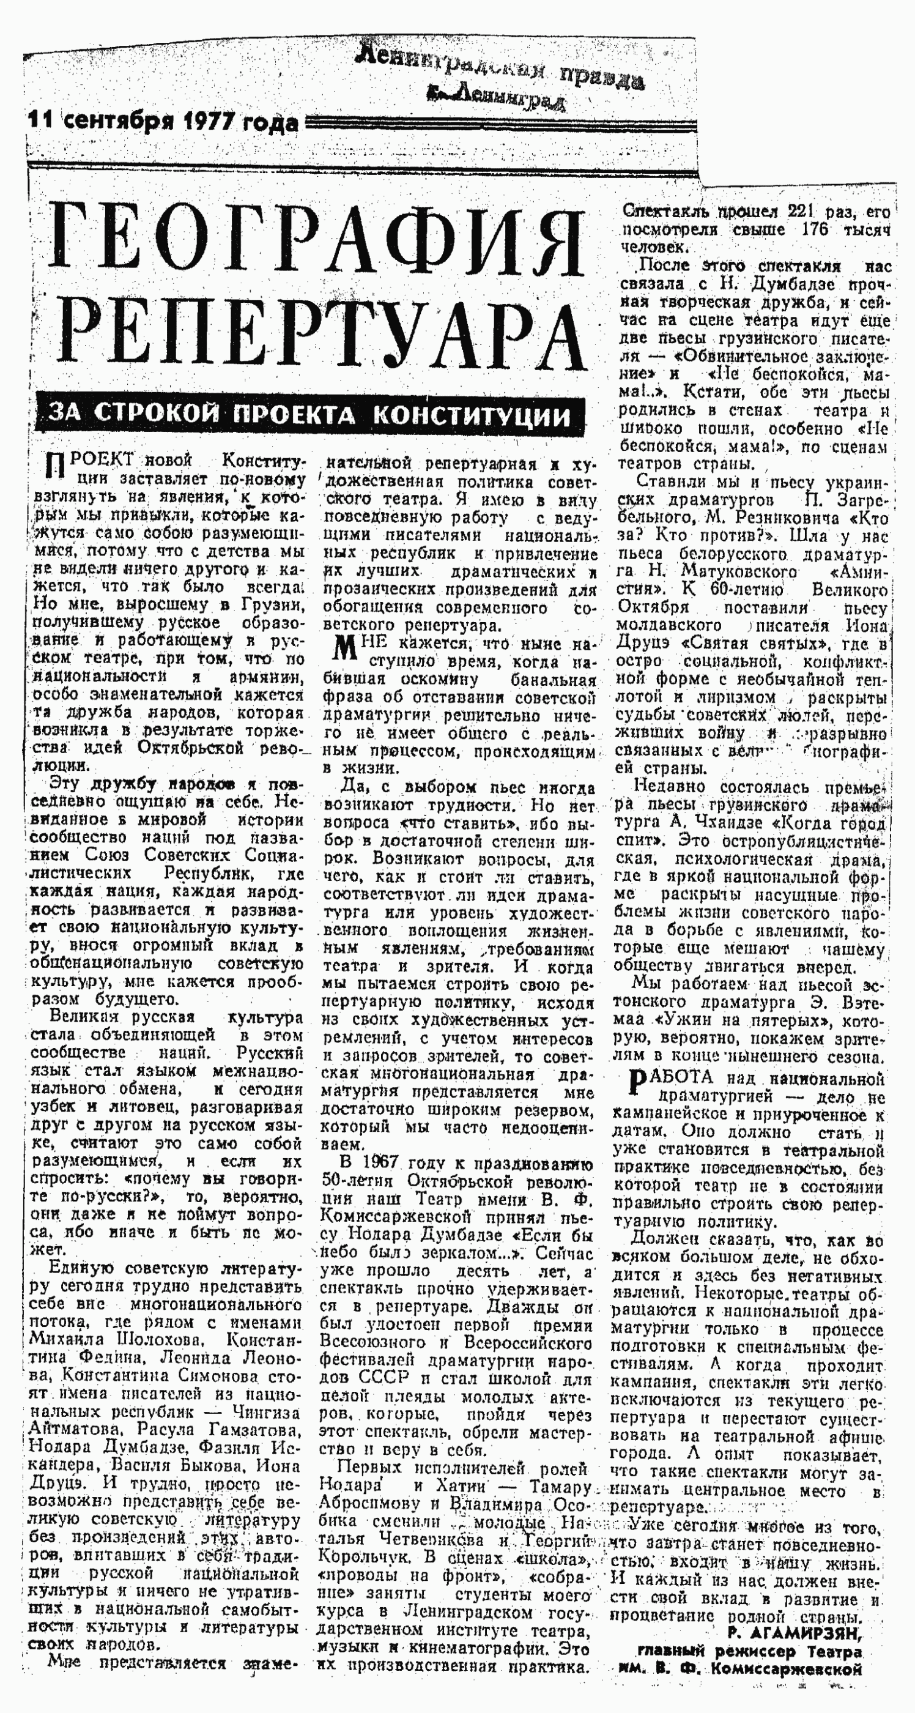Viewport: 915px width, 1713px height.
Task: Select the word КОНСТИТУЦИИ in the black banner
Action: coord(472,415)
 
